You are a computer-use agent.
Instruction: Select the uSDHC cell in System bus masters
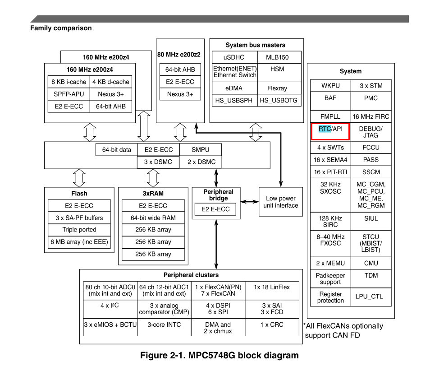click(x=234, y=57)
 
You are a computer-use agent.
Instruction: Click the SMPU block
click(x=200, y=149)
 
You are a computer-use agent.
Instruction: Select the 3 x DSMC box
click(x=158, y=162)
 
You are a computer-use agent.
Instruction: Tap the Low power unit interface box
click(x=281, y=202)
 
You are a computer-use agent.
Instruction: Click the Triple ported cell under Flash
click(x=79, y=229)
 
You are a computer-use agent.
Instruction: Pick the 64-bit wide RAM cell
click(x=153, y=218)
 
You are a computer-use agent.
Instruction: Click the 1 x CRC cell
click(x=271, y=325)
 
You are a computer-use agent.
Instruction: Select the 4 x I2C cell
click(x=110, y=306)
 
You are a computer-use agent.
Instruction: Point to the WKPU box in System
click(x=330, y=86)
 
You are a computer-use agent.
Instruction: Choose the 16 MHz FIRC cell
click(x=371, y=116)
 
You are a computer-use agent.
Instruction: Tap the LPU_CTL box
click(x=371, y=297)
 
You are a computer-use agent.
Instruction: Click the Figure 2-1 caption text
click(x=219, y=355)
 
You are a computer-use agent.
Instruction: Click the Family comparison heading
click(x=61, y=28)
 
